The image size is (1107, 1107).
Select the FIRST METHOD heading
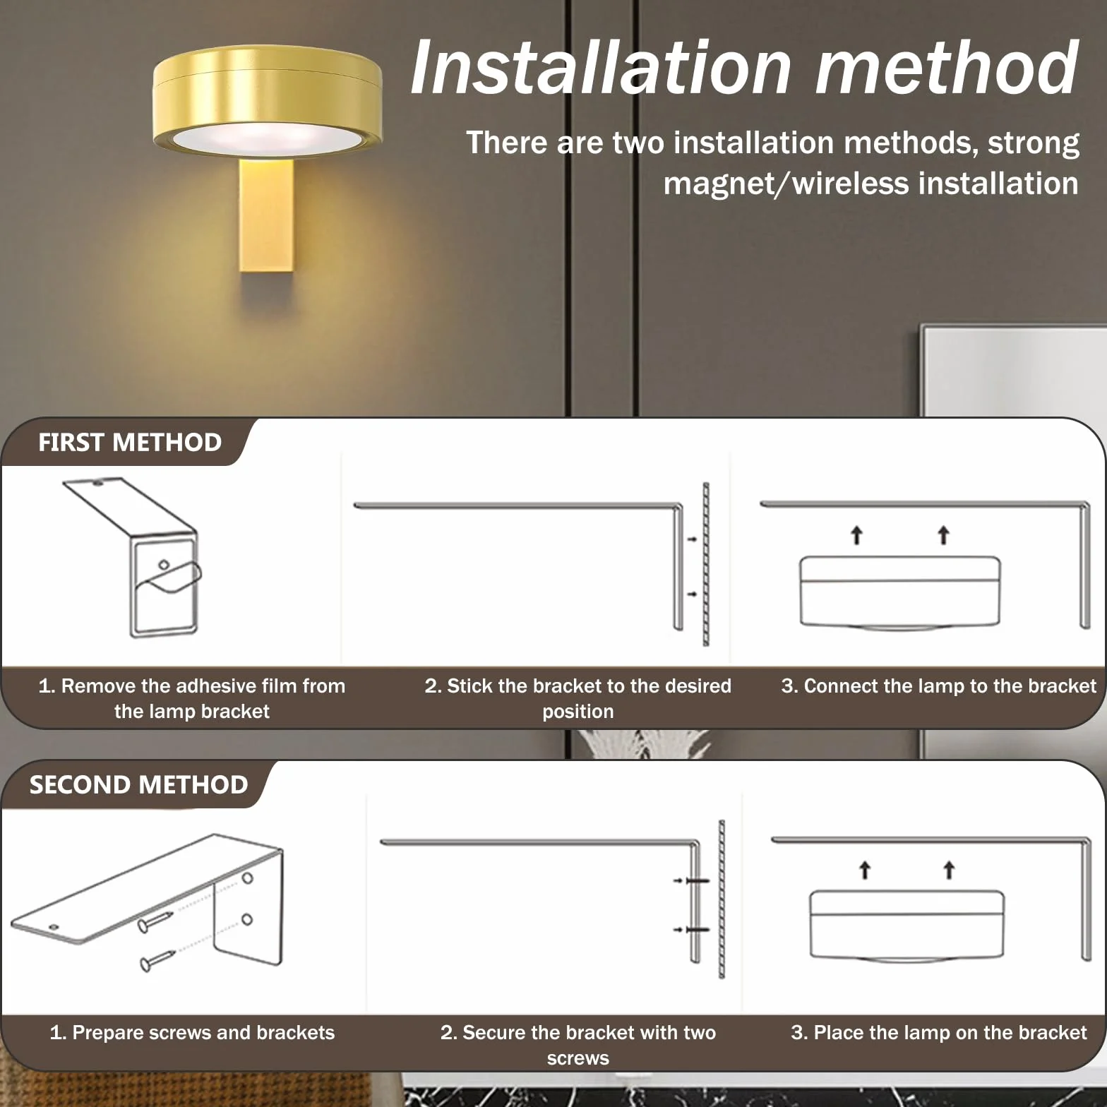point(130,443)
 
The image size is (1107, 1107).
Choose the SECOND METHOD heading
point(138,785)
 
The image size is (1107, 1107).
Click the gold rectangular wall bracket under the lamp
point(266,215)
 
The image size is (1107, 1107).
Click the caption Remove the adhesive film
point(192,698)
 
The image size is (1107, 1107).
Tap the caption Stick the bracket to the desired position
point(578,698)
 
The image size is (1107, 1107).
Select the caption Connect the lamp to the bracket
point(939,686)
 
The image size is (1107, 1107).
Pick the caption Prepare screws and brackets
point(192,1033)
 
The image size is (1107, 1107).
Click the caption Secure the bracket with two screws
point(578,1045)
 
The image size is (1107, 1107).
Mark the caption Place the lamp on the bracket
point(939,1033)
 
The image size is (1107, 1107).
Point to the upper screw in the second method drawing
point(155,921)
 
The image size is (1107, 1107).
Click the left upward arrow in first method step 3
point(856,535)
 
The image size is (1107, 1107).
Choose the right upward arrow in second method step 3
point(949,870)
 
